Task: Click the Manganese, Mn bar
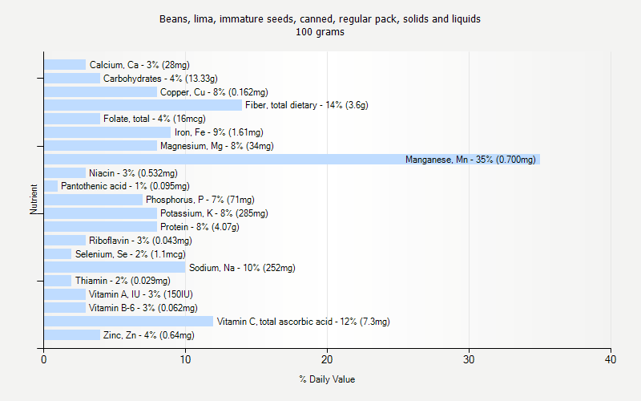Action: tap(292, 160)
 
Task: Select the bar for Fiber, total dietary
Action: tap(143, 105)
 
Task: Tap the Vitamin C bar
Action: tap(128, 322)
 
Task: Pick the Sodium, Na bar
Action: tap(115, 267)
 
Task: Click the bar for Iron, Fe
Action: tap(107, 132)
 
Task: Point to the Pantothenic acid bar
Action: tap(50, 186)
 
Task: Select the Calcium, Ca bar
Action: tap(65, 65)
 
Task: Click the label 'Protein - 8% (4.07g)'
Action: tap(200, 227)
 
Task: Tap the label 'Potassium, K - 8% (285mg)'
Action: tap(214, 213)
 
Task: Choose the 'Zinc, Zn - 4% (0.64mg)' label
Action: tap(148, 335)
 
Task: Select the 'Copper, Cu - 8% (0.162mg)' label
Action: tap(214, 92)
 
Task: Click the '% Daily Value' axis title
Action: tap(327, 379)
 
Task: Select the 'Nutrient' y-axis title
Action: tap(34, 200)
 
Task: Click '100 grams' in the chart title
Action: tap(320, 32)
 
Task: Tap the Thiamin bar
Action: tap(58, 281)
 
